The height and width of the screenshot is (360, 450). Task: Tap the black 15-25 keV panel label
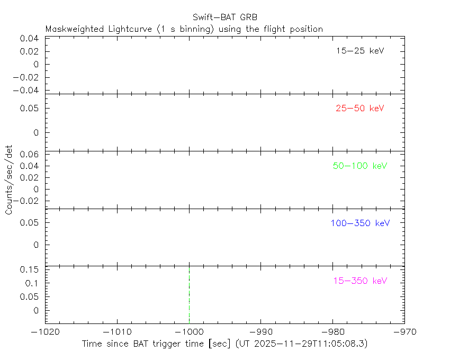tap(359, 51)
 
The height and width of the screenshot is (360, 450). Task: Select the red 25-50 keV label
tap(359, 109)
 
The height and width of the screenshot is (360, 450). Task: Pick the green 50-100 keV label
tap(360, 166)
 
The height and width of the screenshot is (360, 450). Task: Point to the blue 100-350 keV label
tap(360, 223)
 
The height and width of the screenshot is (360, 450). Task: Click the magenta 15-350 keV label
tap(360, 281)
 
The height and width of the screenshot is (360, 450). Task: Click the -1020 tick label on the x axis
tap(46, 331)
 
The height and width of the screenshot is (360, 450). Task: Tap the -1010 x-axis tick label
tap(117, 331)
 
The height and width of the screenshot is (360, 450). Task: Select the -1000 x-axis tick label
tap(189, 331)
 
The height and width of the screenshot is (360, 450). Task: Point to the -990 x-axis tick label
tap(260, 331)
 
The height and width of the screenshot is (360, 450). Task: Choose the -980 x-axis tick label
tap(332, 331)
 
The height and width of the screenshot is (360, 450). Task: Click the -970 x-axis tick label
tap(404, 331)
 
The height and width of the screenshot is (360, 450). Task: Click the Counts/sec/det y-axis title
tap(9, 179)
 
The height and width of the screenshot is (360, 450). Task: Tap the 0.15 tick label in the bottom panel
tap(30, 269)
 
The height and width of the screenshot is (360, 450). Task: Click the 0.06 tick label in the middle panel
tap(30, 154)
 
